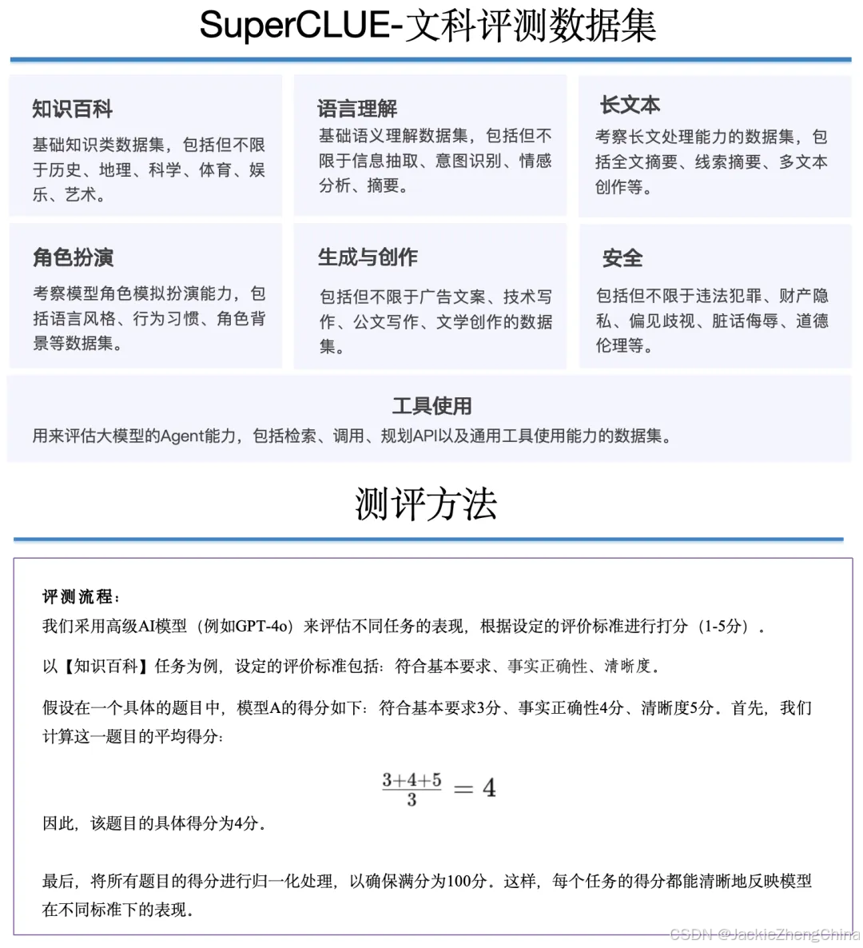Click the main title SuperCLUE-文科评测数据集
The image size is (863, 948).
pyautogui.click(x=428, y=26)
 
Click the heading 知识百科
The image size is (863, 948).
pyautogui.click(x=73, y=109)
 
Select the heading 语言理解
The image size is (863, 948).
pyautogui.click(x=357, y=108)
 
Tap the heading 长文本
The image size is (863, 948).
pyautogui.click(x=630, y=105)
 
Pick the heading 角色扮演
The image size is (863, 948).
pyautogui.click(x=73, y=257)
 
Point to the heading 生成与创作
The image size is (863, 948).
pyautogui.click(x=368, y=257)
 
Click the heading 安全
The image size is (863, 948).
pyautogui.click(x=622, y=258)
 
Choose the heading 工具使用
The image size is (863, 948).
pyautogui.click(x=431, y=406)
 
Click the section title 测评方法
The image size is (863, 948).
pyautogui.click(x=426, y=504)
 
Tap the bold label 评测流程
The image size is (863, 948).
pyautogui.click(x=80, y=597)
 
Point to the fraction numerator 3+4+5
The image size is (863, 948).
pyautogui.click(x=412, y=779)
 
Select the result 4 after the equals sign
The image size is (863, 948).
pyautogui.click(x=489, y=789)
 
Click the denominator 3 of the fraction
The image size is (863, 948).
pyautogui.click(x=412, y=800)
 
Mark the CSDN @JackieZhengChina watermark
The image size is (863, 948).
pyautogui.click(x=764, y=934)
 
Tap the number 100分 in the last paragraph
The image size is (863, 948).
pyautogui.click(x=467, y=881)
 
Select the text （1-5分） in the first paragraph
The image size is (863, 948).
pyautogui.click(x=724, y=627)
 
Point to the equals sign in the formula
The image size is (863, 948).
pyautogui.click(x=463, y=789)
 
